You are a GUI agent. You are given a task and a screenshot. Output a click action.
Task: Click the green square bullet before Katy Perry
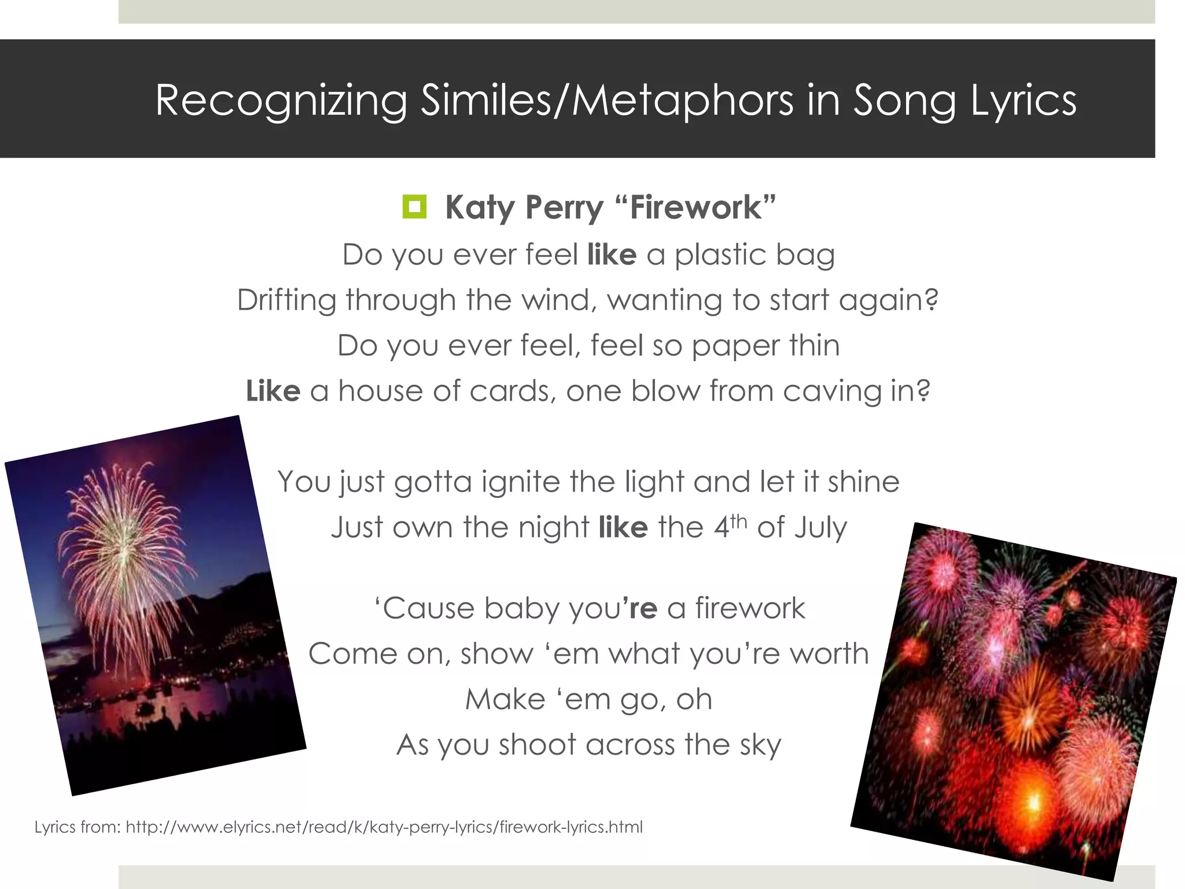point(414,207)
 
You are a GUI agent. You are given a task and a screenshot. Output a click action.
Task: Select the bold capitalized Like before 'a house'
point(273,391)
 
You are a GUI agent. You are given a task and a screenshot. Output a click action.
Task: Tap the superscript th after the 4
point(739,521)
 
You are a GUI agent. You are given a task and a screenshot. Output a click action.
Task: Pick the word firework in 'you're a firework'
point(750,608)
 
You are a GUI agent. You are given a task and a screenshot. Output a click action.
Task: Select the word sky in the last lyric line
point(760,745)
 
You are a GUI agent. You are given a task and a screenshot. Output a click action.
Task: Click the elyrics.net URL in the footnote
point(384,827)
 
